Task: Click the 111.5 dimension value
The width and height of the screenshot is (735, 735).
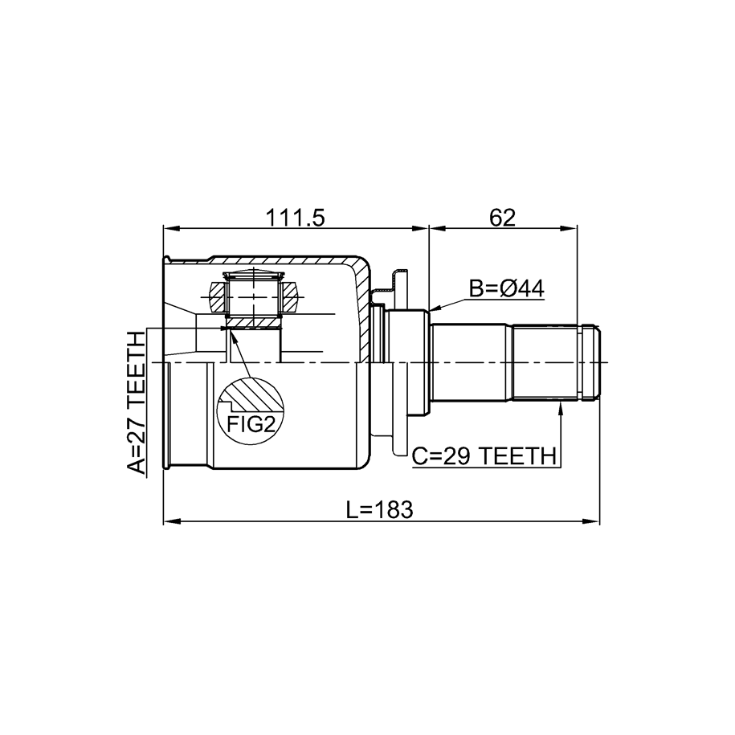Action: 295,218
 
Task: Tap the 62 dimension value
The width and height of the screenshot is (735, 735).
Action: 502,218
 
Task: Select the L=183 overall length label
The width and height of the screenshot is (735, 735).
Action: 380,510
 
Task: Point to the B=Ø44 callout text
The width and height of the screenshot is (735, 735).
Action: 507,289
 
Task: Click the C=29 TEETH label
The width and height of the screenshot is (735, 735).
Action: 484,456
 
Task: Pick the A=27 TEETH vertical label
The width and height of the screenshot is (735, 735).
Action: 137,402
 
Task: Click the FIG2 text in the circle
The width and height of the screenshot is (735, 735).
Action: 251,424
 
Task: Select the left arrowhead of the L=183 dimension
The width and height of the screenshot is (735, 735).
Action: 170,521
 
